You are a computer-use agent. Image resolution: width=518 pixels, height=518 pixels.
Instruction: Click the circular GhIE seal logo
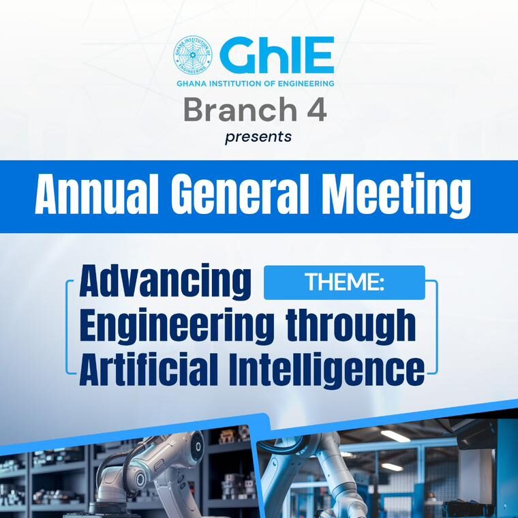click(193, 55)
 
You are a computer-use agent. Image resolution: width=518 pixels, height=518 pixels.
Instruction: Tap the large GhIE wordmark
click(277, 55)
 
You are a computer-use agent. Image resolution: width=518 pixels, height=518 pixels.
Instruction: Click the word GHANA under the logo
click(187, 84)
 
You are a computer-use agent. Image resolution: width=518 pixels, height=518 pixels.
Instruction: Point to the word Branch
click(240, 109)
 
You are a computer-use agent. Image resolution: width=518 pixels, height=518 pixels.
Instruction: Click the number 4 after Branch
click(317, 109)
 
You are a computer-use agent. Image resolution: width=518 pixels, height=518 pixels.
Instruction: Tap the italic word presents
click(258, 137)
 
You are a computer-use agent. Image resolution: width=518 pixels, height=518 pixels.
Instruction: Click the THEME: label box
click(344, 282)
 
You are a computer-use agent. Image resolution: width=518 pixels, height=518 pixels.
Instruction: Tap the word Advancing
click(165, 281)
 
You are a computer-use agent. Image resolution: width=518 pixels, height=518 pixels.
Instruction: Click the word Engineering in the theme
click(177, 325)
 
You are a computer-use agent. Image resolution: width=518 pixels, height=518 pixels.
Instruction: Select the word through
click(351, 325)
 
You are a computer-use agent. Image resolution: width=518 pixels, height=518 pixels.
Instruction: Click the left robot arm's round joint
click(140, 478)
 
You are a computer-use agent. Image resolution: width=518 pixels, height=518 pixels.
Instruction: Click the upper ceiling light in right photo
click(395, 436)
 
